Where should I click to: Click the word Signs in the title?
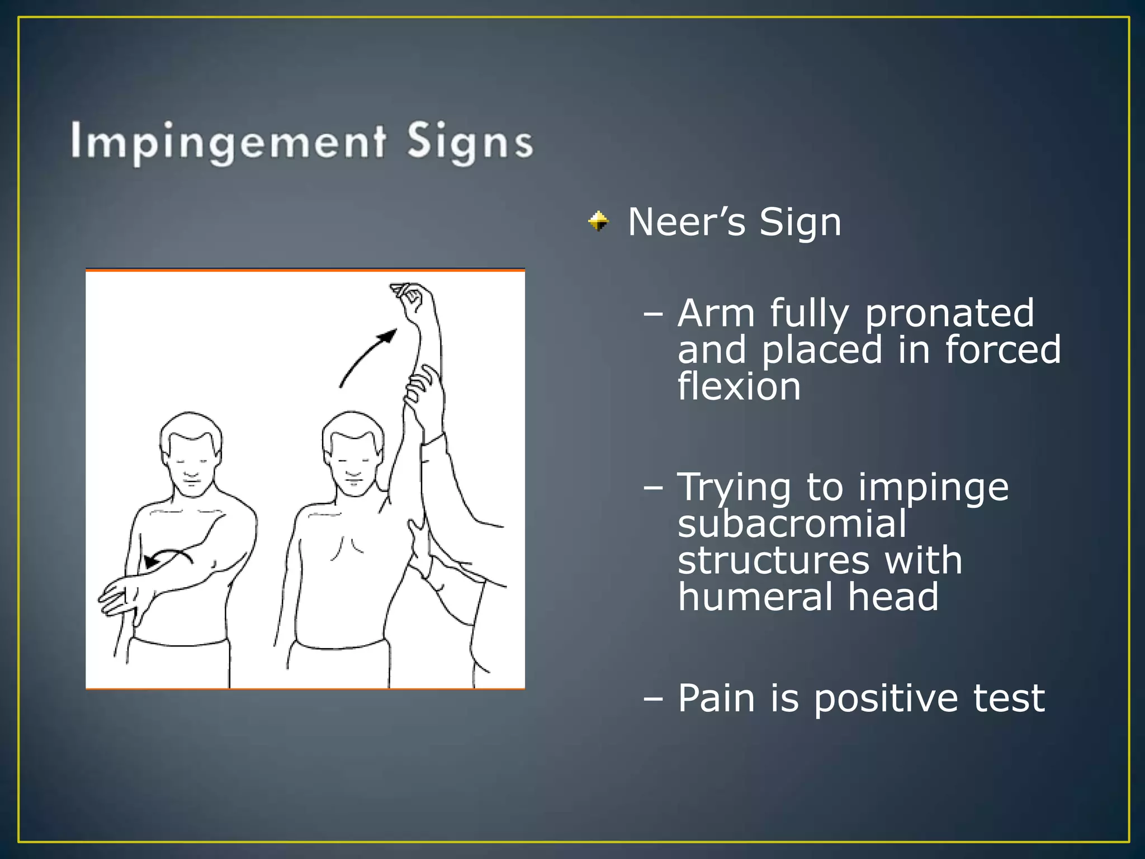point(470,143)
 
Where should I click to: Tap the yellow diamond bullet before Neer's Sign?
point(598,221)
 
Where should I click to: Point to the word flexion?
point(739,386)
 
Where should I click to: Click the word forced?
point(1002,350)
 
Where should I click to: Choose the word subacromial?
point(792,524)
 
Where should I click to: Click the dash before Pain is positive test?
point(652,698)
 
